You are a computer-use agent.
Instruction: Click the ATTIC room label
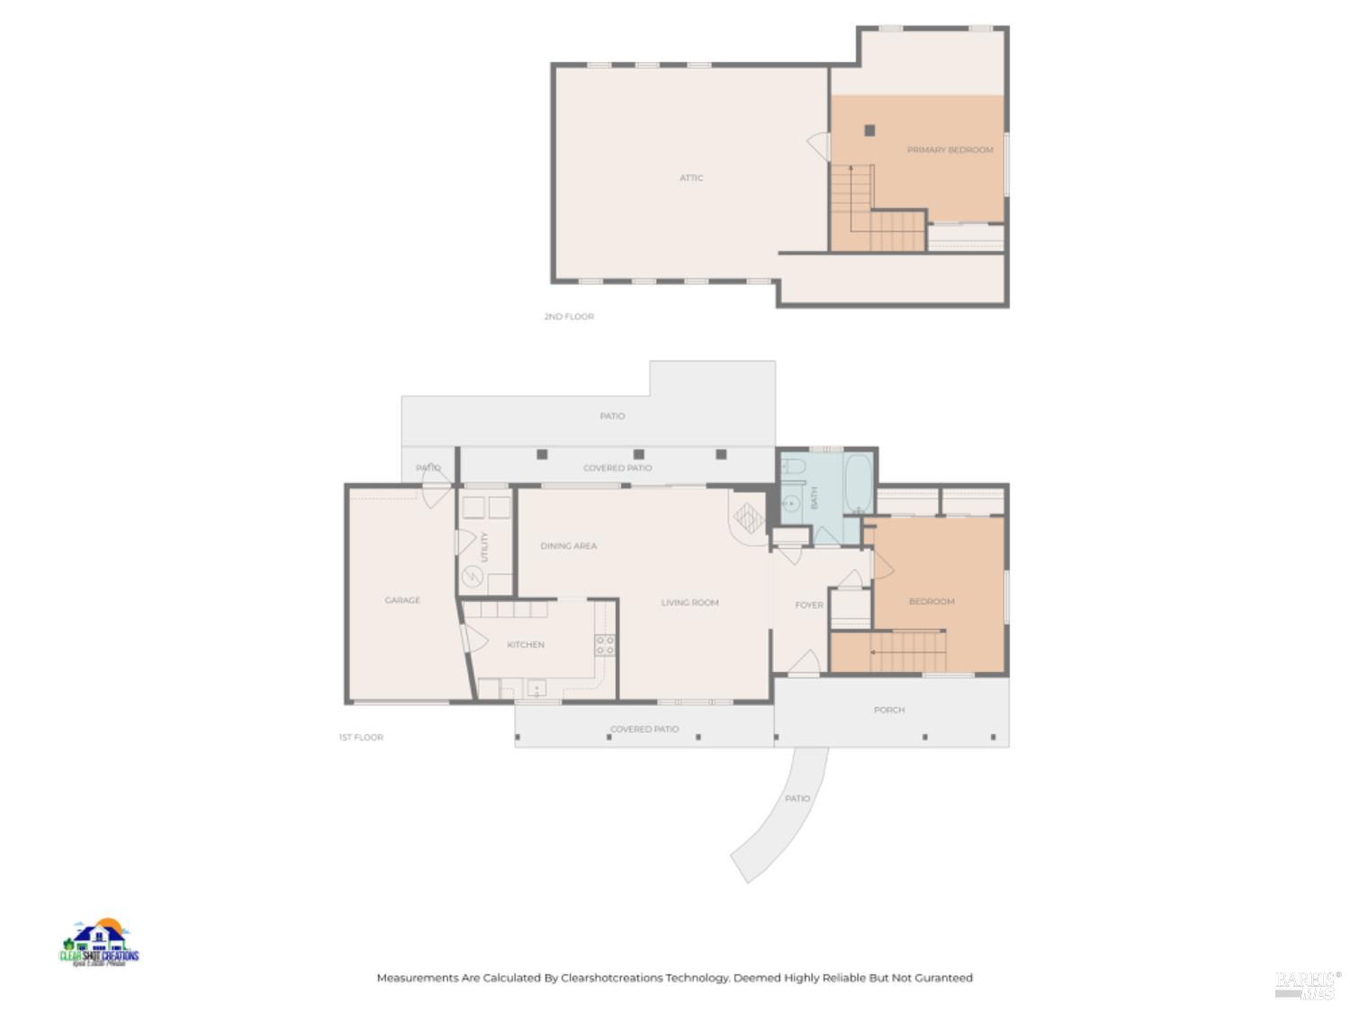[x=691, y=178]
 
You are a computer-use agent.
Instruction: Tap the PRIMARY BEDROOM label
[x=949, y=150]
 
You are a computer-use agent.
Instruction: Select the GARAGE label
[x=402, y=600]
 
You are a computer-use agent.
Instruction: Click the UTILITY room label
[x=484, y=547]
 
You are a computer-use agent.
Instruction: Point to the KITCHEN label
[x=526, y=645]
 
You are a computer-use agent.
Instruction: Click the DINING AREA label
[x=568, y=546]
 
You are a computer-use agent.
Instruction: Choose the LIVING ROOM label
[x=689, y=603]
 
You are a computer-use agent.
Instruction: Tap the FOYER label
[x=809, y=605]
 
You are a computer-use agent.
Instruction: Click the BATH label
[x=814, y=497]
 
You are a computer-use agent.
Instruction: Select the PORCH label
[x=889, y=710]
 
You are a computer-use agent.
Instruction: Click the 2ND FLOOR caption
[x=569, y=317]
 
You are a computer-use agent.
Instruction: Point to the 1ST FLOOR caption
[x=361, y=738]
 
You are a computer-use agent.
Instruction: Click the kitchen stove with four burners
[x=605, y=644]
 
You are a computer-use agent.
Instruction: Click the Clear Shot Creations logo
[x=99, y=943]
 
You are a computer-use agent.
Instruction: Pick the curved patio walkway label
[x=797, y=799]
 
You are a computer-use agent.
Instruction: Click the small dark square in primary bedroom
[x=869, y=130]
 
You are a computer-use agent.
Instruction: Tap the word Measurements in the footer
[x=417, y=978]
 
